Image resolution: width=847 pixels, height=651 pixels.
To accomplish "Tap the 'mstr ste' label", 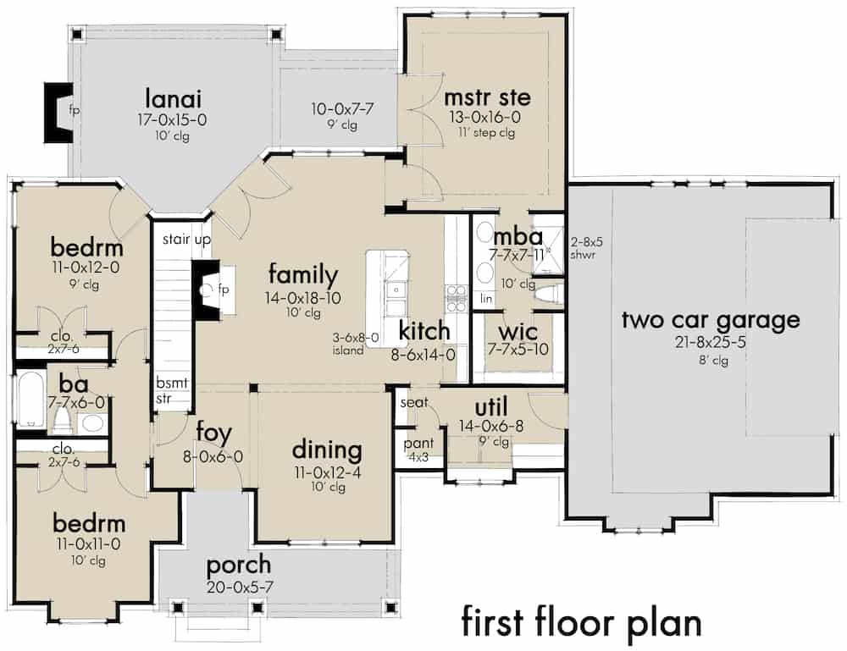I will click(481, 98).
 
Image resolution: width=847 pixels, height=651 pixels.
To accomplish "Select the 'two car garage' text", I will click(711, 321).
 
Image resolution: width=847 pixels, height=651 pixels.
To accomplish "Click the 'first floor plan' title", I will click(581, 622).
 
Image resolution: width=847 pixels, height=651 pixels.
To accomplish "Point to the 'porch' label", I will click(240, 564).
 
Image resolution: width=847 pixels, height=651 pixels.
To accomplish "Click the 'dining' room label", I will click(327, 450).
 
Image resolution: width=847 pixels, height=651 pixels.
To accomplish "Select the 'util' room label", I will click(490, 406).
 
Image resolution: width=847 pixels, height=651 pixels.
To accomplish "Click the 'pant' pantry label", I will click(418, 443).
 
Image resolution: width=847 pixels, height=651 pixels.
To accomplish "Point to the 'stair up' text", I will click(186, 240).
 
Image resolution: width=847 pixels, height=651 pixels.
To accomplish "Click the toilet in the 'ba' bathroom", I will click(62, 420).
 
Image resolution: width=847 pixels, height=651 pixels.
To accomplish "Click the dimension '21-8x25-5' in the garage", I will click(710, 343).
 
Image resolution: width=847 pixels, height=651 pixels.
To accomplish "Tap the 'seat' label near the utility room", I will click(412, 402).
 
